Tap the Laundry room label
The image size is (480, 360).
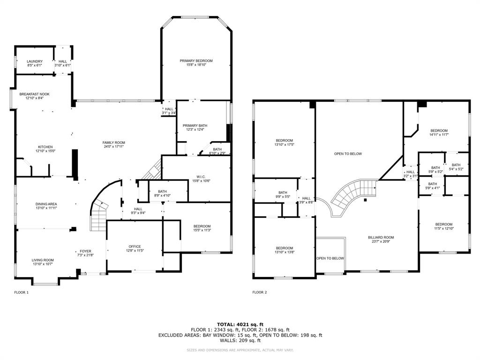[x=35, y=61]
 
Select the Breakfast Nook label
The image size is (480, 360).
[x=34, y=94]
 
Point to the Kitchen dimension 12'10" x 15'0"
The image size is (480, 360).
[x=45, y=151]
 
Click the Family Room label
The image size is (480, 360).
[x=114, y=142]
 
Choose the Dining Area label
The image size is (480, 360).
[x=46, y=204]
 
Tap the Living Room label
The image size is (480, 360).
[x=43, y=260]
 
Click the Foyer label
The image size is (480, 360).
[x=85, y=251]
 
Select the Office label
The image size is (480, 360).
[x=135, y=247]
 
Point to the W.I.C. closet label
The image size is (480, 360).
[x=201, y=177]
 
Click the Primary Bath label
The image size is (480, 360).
[x=195, y=126]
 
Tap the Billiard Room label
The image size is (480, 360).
[x=381, y=238]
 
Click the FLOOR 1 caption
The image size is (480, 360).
[x=22, y=292]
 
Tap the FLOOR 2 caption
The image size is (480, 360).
[x=259, y=292]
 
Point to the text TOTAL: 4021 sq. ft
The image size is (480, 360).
[x=240, y=324]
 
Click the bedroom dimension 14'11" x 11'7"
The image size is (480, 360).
[x=439, y=135]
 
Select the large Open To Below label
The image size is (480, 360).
[x=348, y=154]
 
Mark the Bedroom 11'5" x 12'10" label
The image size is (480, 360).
[x=443, y=224]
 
